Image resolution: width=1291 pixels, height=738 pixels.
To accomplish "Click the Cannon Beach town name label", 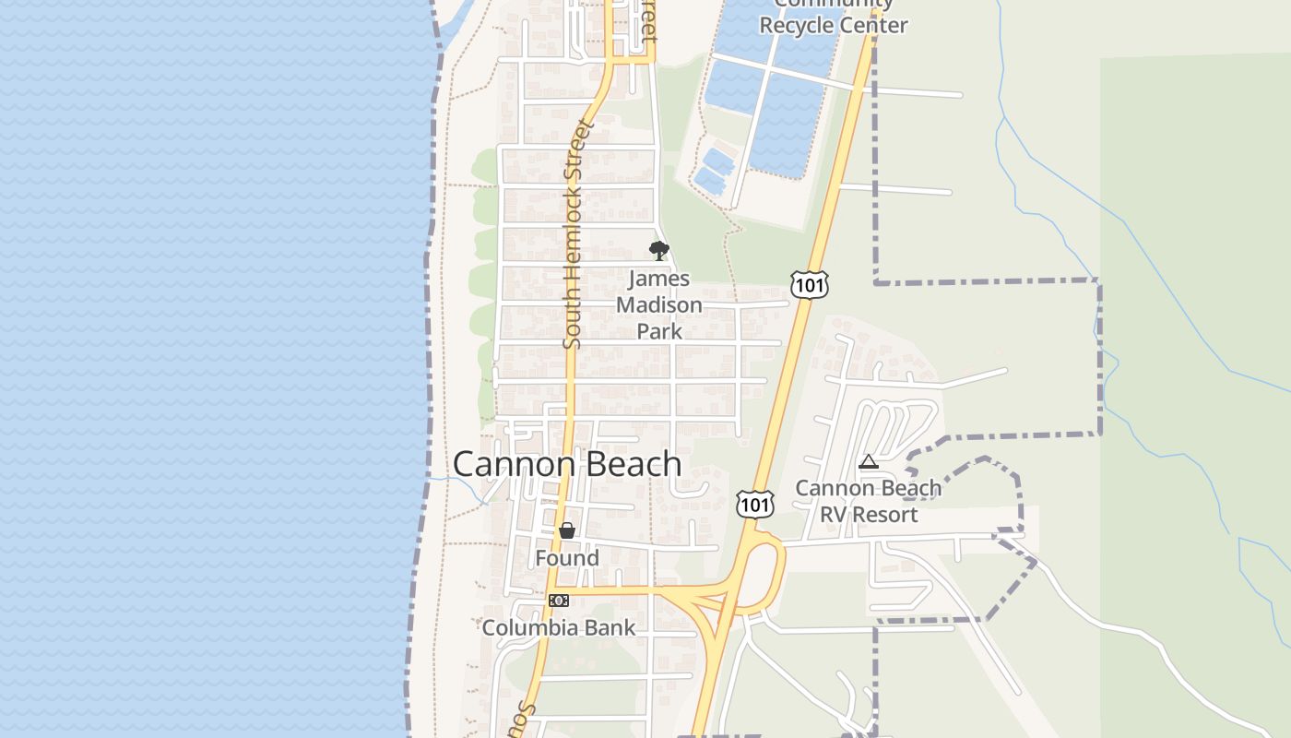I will coord(567,464).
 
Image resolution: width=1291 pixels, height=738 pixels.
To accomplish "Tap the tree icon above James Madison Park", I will coord(658,250).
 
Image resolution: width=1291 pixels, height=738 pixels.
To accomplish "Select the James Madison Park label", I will coord(659,304).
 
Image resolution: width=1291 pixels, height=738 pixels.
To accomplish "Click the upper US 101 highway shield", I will coord(809,285).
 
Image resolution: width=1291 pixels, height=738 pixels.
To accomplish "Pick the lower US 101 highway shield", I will coord(754,504).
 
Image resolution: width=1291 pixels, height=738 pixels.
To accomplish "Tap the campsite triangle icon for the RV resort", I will coord(868,462).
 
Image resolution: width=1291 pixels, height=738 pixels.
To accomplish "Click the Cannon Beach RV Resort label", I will coord(869,501).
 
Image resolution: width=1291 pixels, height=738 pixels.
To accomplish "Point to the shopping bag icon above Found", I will coord(567,530).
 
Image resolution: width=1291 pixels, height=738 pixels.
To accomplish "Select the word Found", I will coord(567,558).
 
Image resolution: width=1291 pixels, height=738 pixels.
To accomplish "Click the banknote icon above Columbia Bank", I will coord(559,601).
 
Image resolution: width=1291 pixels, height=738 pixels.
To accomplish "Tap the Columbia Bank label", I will coord(559,628).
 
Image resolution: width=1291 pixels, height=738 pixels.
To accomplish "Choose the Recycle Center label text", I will coord(834,25).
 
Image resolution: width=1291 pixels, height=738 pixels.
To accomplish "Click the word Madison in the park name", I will coord(659,304).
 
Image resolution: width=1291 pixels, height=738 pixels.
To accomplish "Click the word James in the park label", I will coord(659,279).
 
